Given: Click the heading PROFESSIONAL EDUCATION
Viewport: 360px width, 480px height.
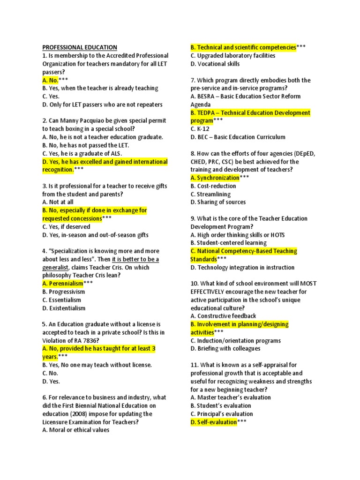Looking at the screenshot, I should [x=80, y=47].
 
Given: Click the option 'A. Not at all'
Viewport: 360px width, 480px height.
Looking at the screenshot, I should [x=58, y=202].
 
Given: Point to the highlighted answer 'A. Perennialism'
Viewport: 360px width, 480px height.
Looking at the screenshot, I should [x=62, y=284].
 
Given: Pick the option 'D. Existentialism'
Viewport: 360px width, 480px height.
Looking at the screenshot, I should [x=64, y=308].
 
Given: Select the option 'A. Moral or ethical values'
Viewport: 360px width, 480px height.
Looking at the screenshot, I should [x=75, y=430].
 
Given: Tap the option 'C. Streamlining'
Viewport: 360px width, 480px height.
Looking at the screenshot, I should [x=210, y=194].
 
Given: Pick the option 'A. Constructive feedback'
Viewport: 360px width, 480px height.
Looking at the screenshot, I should [x=223, y=316].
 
